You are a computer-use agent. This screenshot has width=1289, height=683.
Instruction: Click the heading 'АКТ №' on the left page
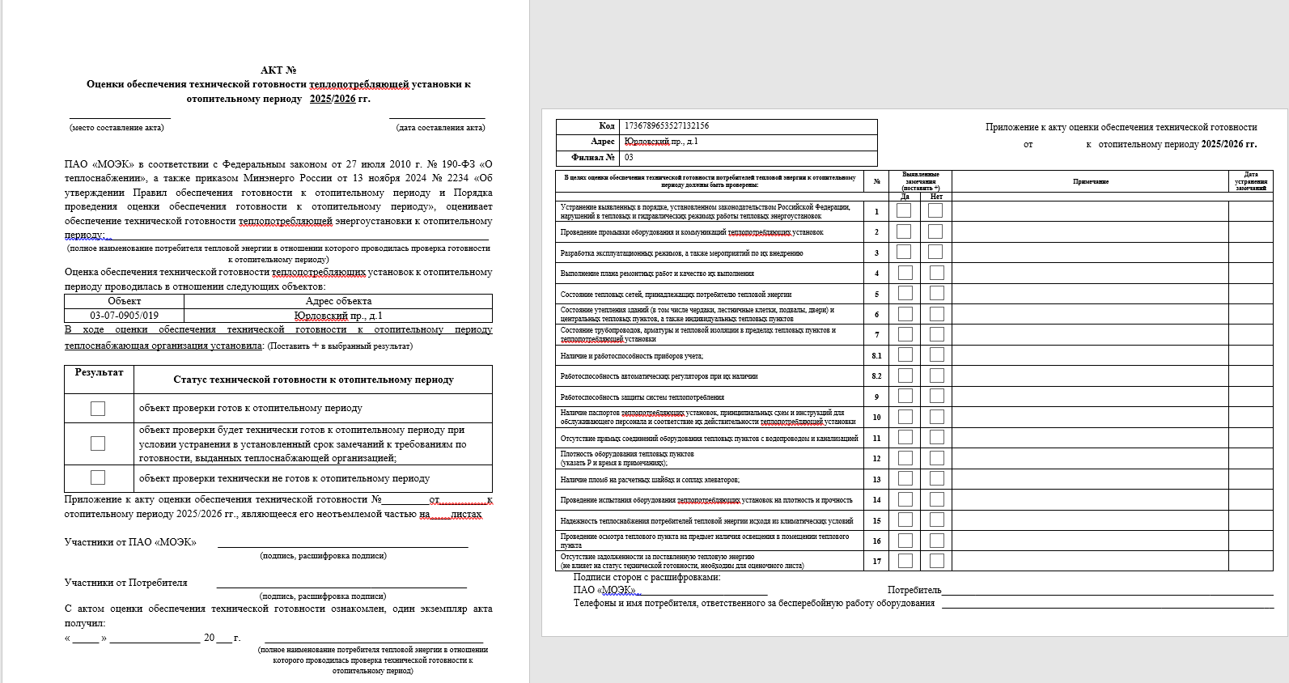[278, 70]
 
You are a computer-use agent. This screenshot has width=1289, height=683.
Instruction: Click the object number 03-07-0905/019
[124, 316]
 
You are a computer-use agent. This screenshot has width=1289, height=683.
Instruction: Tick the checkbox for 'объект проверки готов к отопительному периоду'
[98, 409]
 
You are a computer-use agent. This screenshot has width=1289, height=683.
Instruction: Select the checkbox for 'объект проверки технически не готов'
[98, 477]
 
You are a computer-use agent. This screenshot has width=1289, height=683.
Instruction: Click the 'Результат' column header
[99, 372]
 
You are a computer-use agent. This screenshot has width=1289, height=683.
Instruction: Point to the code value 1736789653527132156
[667, 126]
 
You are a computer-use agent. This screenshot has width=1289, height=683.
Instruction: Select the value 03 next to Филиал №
[629, 158]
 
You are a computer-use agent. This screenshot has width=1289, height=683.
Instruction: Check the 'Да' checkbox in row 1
[904, 210]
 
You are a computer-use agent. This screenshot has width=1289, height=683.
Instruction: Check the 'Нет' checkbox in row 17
[936, 561]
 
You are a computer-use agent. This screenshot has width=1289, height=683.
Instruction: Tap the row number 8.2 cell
[876, 376]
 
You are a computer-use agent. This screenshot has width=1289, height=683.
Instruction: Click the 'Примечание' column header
[1090, 181]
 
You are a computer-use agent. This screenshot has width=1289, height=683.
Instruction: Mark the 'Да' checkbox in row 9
[905, 396]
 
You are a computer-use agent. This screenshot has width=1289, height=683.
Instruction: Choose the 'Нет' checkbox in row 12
[936, 458]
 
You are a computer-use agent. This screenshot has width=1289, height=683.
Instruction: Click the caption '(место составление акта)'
[117, 128]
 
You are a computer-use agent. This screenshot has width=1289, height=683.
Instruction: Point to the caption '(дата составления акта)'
[440, 128]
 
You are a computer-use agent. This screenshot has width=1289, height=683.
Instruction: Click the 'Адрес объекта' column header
[338, 301]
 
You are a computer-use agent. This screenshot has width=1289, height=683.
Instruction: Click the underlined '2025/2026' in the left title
[332, 99]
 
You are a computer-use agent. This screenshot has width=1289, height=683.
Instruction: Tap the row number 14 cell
[876, 500]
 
